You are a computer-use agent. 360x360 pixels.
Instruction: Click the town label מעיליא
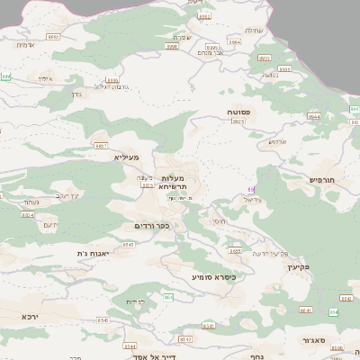tap(127, 157)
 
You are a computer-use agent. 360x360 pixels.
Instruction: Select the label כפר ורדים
tap(152, 225)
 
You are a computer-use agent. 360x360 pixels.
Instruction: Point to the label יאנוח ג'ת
tap(93, 254)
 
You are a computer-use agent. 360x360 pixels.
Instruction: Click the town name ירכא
tap(31, 316)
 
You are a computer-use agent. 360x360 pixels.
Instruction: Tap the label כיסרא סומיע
tap(213, 277)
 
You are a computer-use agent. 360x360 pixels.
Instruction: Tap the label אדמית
tap(26, 44)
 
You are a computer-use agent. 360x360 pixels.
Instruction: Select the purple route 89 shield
tap(251, 189)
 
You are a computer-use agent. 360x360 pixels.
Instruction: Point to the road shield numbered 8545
tap(128, 244)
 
